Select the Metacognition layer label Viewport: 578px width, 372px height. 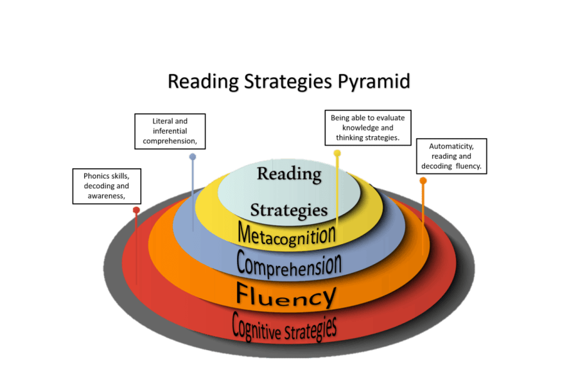[286, 233]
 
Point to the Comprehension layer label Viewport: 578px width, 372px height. [288, 263]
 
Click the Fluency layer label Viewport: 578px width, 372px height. [286, 295]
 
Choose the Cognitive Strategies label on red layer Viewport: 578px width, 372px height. [284, 326]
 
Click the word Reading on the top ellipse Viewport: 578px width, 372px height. [289, 173]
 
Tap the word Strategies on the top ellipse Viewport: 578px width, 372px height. [289, 209]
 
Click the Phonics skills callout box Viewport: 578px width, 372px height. [107, 186]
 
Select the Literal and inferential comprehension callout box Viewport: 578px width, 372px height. [170, 131]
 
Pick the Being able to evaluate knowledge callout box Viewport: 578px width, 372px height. [367, 127]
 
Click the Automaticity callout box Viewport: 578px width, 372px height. [451, 156]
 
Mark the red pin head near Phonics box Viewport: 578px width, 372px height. [136, 210]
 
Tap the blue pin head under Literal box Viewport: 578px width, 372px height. [192, 157]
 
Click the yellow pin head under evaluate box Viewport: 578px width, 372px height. [337, 153]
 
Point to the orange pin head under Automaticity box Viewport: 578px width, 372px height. [423, 181]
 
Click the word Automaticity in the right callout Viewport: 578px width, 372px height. [451, 146]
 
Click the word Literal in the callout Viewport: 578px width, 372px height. [163, 121]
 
